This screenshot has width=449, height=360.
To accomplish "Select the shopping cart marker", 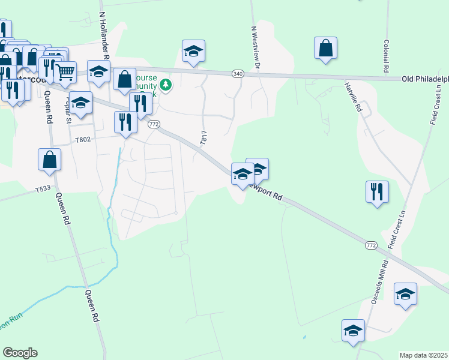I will tap(65, 73).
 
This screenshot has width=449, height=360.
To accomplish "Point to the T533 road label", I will tap(43, 188).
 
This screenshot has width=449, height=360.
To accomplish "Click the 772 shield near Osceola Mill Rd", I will tap(371, 245).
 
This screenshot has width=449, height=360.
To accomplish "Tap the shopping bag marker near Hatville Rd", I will tap(325, 49).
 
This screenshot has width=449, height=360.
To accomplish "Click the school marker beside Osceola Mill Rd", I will tap(406, 295).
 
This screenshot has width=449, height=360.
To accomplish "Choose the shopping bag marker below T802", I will tap(50, 160).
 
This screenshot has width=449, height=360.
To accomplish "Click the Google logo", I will tap(20, 352).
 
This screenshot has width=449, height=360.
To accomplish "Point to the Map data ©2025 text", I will tap(423, 355).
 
